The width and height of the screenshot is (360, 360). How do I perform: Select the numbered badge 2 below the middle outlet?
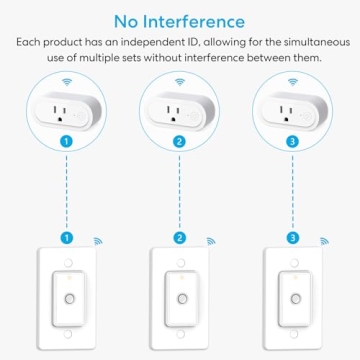180,143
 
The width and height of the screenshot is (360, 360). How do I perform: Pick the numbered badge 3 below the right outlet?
292,143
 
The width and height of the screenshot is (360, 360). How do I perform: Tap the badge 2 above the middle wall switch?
180,240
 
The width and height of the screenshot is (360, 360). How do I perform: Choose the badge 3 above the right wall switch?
292,240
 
